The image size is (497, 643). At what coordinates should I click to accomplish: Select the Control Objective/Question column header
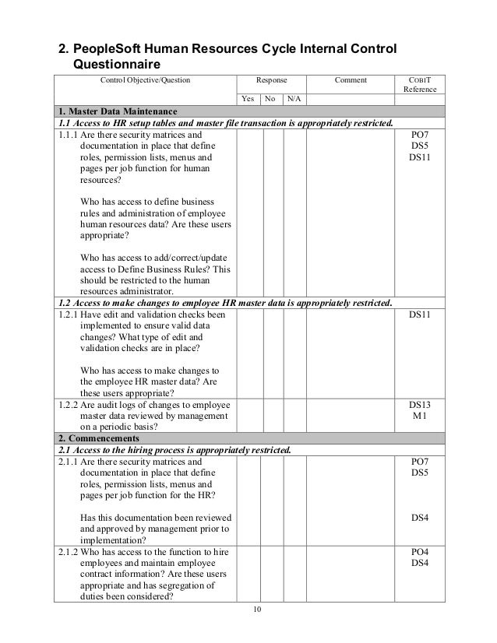[x=144, y=79]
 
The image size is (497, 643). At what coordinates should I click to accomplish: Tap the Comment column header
[x=351, y=79]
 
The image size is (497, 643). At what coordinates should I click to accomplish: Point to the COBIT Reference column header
[x=419, y=84]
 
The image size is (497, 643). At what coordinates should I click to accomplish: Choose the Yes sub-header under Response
[x=248, y=99]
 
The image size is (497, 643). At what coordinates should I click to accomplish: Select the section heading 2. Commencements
[x=97, y=438]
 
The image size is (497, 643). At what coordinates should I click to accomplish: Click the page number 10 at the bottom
[x=248, y=609]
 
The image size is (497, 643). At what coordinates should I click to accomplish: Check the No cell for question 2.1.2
[x=271, y=574]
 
